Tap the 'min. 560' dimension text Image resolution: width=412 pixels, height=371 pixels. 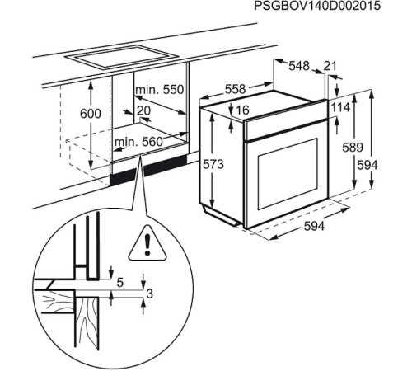click(138, 142)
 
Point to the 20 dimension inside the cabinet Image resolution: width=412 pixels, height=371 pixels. click(144, 110)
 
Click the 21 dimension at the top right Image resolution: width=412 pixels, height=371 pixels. click(330, 66)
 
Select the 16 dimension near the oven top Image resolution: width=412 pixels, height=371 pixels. click(242, 110)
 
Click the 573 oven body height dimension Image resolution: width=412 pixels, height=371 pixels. click(213, 165)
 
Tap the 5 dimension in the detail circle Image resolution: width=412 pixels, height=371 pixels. click(119, 282)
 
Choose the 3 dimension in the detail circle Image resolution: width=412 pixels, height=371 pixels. click(149, 294)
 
